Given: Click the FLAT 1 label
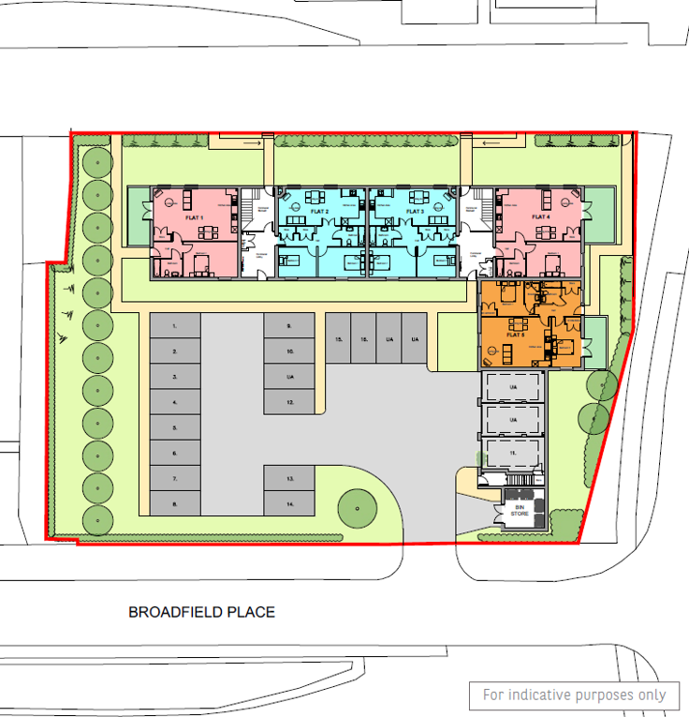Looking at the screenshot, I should [x=195, y=217].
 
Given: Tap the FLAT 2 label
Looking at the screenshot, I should [x=320, y=212].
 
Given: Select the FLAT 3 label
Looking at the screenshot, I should [x=416, y=212].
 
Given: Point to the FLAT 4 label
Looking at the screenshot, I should [x=541, y=217].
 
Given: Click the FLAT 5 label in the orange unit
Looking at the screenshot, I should [x=515, y=335].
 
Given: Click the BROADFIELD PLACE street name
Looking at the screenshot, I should [x=201, y=612].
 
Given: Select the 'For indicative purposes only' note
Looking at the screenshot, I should [x=574, y=695].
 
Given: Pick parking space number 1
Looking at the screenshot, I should [x=175, y=326].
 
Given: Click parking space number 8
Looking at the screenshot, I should [x=175, y=503].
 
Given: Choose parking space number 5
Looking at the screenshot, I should [x=175, y=427].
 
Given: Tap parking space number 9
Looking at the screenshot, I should [x=289, y=326].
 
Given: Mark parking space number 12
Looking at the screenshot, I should [x=290, y=402].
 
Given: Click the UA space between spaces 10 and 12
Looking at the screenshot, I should [x=290, y=377].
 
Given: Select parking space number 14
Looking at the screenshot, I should [x=290, y=504].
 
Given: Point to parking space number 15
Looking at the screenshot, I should [x=338, y=338].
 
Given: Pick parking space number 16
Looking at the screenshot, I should [x=363, y=338].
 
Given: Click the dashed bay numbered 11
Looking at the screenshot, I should [x=512, y=452].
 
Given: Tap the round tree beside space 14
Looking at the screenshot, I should [x=356, y=507].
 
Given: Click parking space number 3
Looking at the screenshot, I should [x=175, y=377].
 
